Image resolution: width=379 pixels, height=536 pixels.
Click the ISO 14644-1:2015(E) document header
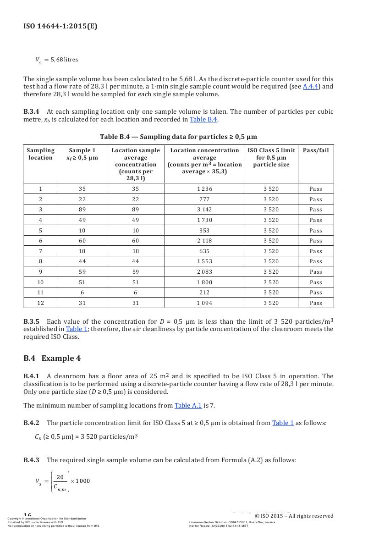click(60, 26)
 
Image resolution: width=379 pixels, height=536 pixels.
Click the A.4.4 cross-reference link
click(311, 87)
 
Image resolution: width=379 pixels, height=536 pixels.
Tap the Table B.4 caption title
click(178, 137)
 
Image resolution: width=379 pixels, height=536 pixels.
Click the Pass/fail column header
click(316, 150)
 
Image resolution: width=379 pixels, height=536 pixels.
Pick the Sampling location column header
click(40, 154)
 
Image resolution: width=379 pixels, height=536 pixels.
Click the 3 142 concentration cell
click(204, 210)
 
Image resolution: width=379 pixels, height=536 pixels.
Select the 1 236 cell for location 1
click(204, 189)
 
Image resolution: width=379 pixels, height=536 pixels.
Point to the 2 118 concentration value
click(204, 241)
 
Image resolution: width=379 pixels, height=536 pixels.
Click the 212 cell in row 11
click(204, 293)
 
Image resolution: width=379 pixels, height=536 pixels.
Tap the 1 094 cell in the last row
click(204, 303)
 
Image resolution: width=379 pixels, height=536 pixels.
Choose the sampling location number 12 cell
click(40, 303)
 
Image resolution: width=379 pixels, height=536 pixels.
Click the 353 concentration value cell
click(204, 231)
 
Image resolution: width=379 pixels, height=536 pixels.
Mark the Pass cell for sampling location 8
click(316, 261)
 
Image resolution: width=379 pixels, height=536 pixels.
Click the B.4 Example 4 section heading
click(52, 358)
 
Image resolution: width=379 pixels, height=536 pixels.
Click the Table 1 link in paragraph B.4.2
click(283, 423)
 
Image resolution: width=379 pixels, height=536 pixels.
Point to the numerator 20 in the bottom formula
click(60, 477)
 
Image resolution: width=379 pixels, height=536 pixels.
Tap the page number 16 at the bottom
click(27, 515)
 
